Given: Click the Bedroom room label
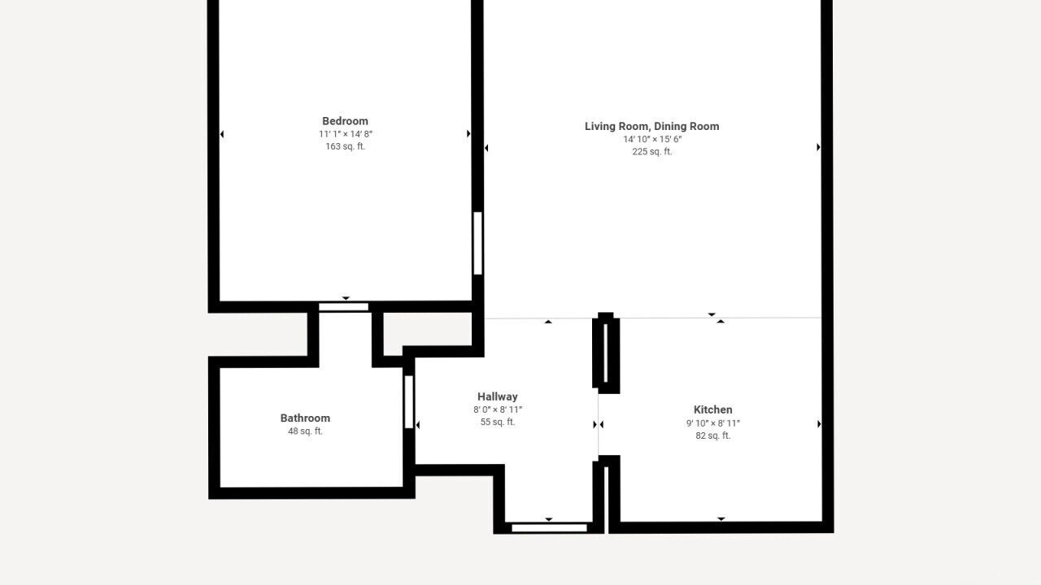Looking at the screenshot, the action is [345, 121].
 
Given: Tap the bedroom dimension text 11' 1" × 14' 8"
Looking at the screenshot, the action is [346, 134].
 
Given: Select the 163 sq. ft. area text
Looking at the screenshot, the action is [346, 146].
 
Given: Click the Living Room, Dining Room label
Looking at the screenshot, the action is [651, 126].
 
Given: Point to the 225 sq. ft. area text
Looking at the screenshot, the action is [651, 151].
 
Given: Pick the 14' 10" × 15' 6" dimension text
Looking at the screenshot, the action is [652, 139].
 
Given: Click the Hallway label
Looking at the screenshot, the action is [497, 396].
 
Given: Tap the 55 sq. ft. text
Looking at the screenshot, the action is [497, 422].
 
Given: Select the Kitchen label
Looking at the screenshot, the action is [713, 409].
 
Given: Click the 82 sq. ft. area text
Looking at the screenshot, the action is [713, 435].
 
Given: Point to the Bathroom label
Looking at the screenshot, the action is [305, 418].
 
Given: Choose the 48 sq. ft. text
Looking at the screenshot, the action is [305, 431].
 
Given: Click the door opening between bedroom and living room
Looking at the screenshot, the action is [477, 243].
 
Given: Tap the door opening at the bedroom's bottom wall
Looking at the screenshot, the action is [343, 307].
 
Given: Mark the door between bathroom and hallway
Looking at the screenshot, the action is [408, 402].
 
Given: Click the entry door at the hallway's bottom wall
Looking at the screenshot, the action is [549, 528].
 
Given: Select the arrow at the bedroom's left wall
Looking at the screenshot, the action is [222, 134].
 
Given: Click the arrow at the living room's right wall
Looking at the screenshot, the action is [818, 147].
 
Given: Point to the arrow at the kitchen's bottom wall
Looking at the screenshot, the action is [721, 518].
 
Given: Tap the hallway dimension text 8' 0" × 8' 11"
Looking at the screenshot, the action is [497, 409].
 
